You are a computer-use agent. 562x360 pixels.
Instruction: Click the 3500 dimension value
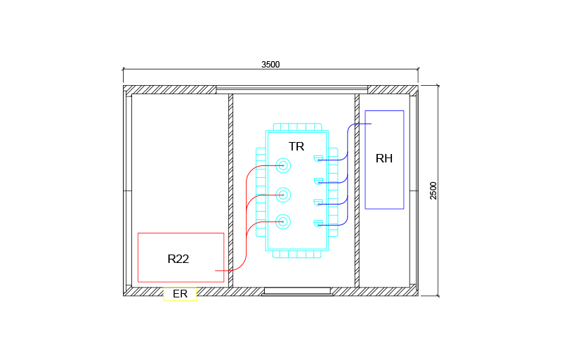pos(270,65)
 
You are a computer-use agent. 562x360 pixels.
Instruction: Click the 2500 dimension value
pos(433,191)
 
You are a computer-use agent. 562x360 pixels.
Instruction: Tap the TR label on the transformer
pos(296,146)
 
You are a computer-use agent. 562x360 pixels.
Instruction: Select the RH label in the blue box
pos(384,158)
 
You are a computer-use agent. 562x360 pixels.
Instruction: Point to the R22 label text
pos(178,259)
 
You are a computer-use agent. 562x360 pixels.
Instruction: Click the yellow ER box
pos(180,294)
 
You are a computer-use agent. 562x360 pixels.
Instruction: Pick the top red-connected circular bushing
pos(283,166)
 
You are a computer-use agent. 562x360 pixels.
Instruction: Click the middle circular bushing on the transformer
pos(283,195)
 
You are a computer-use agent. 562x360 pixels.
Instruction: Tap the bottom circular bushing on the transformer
pos(283,222)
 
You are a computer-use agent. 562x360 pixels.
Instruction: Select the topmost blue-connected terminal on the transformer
pos(318,159)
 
